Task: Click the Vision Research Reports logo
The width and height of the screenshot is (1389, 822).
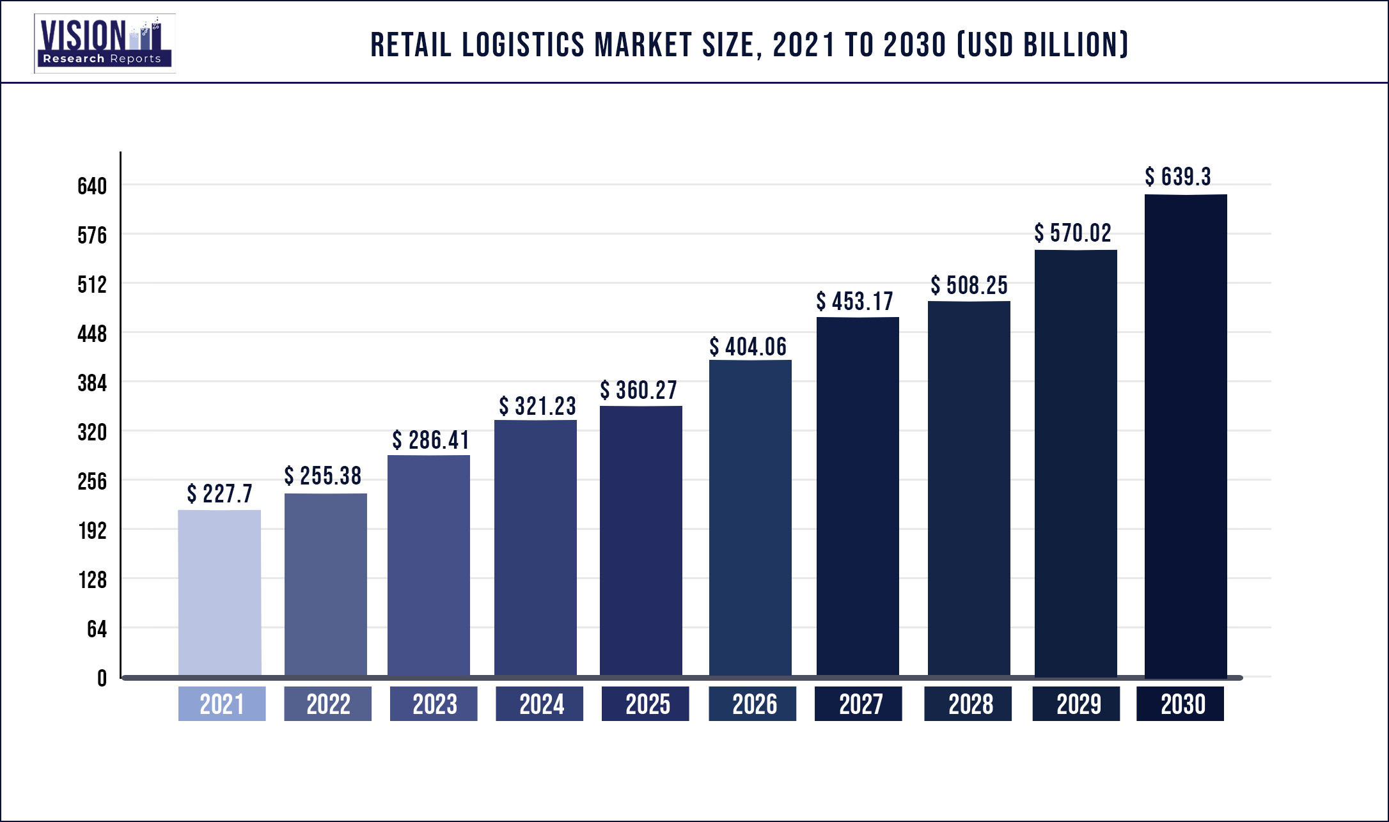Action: tap(104, 43)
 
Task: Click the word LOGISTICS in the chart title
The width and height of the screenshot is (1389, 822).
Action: tap(522, 45)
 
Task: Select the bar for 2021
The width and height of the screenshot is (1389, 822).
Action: tap(219, 593)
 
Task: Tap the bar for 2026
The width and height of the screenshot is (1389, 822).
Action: tap(750, 518)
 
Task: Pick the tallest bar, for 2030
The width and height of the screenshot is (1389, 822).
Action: tap(1186, 435)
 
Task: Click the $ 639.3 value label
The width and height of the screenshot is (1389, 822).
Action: tap(1177, 177)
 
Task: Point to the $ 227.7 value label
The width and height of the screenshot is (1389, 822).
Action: tap(219, 494)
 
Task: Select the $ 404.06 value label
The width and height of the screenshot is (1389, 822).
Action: tap(748, 347)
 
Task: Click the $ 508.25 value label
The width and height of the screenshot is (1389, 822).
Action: tap(969, 286)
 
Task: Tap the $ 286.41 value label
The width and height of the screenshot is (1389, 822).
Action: tap(430, 440)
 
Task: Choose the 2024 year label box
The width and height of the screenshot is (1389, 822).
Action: tap(540, 704)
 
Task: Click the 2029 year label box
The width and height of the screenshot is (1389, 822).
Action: tap(1076, 704)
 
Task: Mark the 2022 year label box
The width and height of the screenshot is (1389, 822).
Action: tap(327, 704)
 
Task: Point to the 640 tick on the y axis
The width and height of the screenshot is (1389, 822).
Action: tap(92, 186)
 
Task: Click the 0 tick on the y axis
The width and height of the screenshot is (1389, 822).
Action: tap(102, 678)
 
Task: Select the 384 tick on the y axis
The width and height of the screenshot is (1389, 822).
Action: tap(92, 383)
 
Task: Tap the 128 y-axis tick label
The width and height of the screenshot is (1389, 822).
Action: tap(92, 580)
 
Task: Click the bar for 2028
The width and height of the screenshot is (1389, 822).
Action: tap(969, 489)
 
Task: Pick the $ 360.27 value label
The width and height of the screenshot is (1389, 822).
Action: tap(638, 391)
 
